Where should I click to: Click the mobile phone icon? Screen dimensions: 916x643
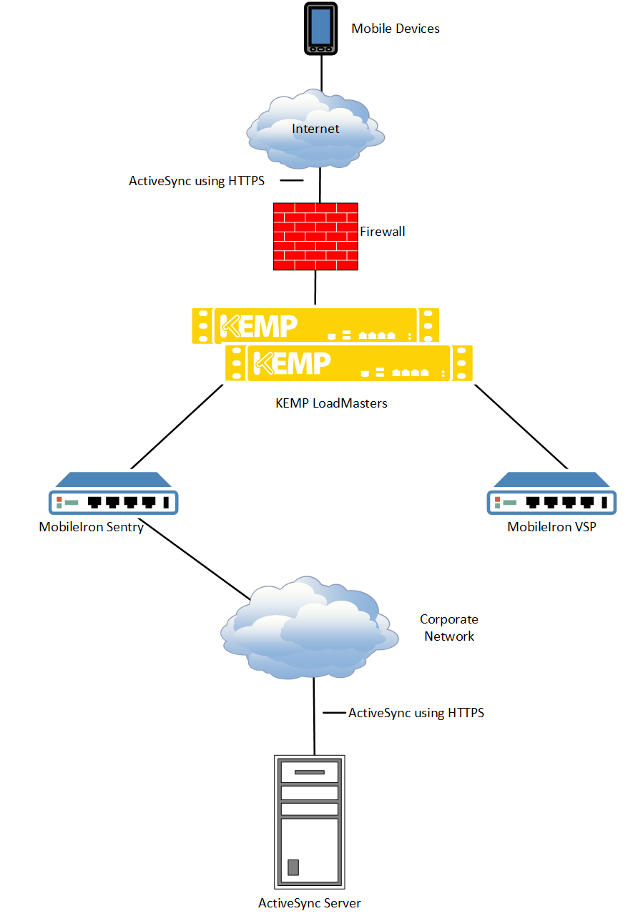[x=321, y=29]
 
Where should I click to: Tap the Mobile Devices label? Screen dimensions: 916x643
[x=395, y=29]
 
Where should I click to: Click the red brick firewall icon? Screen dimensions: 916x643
[x=315, y=236]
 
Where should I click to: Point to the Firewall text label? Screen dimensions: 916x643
[x=382, y=232]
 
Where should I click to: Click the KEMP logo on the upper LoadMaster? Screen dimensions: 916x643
[x=257, y=325]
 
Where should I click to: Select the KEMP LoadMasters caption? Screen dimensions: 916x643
[x=331, y=403]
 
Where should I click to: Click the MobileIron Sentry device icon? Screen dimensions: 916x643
[x=112, y=494]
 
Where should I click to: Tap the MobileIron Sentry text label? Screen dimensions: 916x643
[x=91, y=528]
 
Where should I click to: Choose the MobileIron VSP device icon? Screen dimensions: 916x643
[x=551, y=494]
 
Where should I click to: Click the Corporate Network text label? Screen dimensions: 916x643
[x=449, y=628]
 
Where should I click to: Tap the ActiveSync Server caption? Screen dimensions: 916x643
[x=310, y=903]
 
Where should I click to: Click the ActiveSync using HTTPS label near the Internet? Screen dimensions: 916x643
[x=197, y=181]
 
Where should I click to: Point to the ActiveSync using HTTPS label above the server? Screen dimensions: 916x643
[x=416, y=713]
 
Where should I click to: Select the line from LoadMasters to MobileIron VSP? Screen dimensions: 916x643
[x=521, y=426]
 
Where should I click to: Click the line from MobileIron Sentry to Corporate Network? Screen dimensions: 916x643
[x=197, y=563]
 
